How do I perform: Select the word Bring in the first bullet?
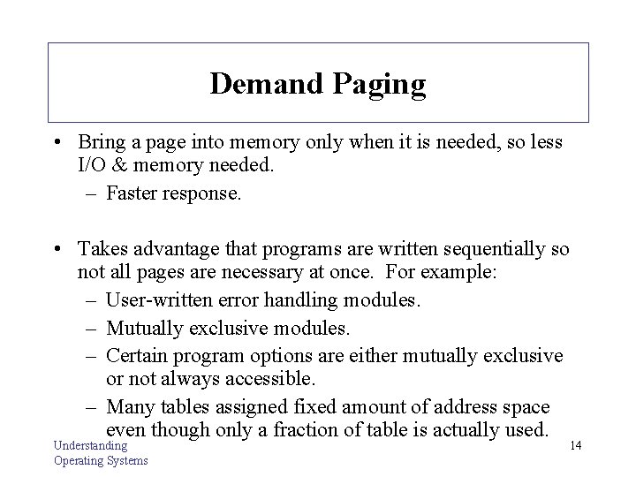pyautogui.click(x=102, y=142)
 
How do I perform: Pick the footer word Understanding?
pyautogui.click(x=90, y=446)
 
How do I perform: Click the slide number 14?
pyautogui.click(x=575, y=446)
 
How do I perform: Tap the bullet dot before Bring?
pyautogui.click(x=57, y=143)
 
